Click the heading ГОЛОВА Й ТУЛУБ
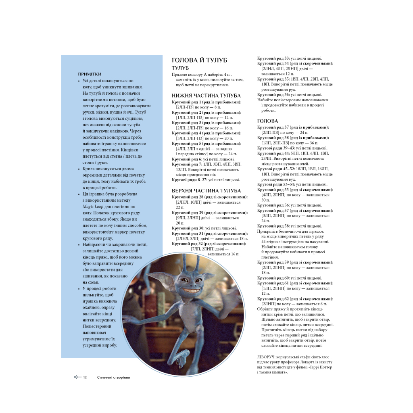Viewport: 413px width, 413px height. [199, 60]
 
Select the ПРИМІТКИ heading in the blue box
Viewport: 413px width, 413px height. [90, 74]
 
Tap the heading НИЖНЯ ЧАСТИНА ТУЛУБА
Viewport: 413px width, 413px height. [206, 96]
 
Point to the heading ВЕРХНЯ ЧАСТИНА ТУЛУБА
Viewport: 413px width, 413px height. [206, 190]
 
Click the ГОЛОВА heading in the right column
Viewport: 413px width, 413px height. [267, 121]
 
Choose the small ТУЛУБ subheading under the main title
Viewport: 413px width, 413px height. [180, 68]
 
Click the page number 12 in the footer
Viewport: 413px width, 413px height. [85, 378]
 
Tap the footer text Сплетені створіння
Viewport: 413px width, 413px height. [113, 378]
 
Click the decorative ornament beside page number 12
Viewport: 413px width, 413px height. [77, 378]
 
